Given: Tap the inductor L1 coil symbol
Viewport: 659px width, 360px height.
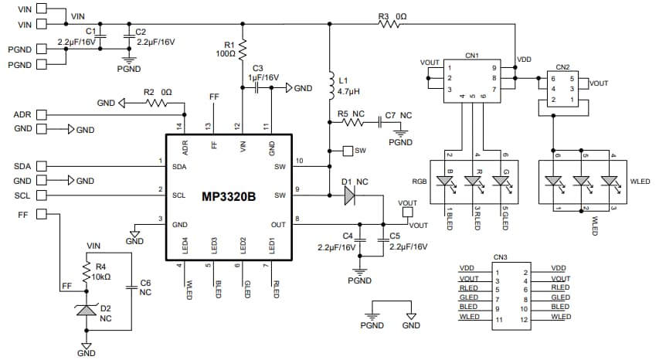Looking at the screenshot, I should click(x=330, y=84).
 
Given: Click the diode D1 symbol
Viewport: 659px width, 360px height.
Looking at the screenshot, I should click(x=348, y=196).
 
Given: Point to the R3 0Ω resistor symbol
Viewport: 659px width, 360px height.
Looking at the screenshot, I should click(x=389, y=24).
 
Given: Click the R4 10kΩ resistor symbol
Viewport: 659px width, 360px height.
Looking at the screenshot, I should click(x=87, y=271).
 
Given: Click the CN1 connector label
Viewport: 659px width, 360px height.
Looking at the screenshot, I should click(x=472, y=56).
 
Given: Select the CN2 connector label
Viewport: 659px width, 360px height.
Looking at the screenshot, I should click(x=562, y=67).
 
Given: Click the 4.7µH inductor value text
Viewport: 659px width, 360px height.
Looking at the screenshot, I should click(x=348, y=90).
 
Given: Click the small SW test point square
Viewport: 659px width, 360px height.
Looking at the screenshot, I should click(x=347, y=150).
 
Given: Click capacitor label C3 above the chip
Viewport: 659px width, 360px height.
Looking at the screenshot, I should click(x=258, y=69).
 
